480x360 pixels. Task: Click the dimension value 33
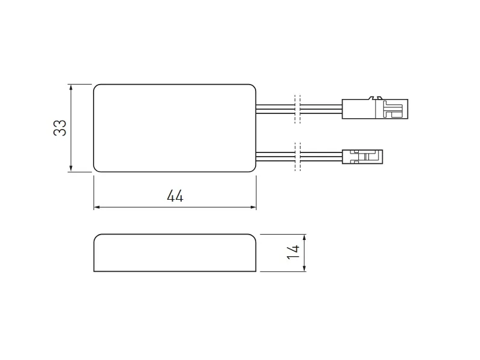tap(60, 128)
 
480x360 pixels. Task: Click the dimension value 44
tap(175, 196)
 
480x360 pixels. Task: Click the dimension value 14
tap(293, 252)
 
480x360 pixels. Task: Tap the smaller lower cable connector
tap(362, 157)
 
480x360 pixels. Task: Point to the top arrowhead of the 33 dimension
tap(71, 88)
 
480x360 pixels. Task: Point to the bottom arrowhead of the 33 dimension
tap(71, 168)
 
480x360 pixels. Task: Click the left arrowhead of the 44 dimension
tap(97, 207)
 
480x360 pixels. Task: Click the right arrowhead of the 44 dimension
tap(253, 207)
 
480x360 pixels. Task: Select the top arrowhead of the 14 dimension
tap(304, 238)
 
